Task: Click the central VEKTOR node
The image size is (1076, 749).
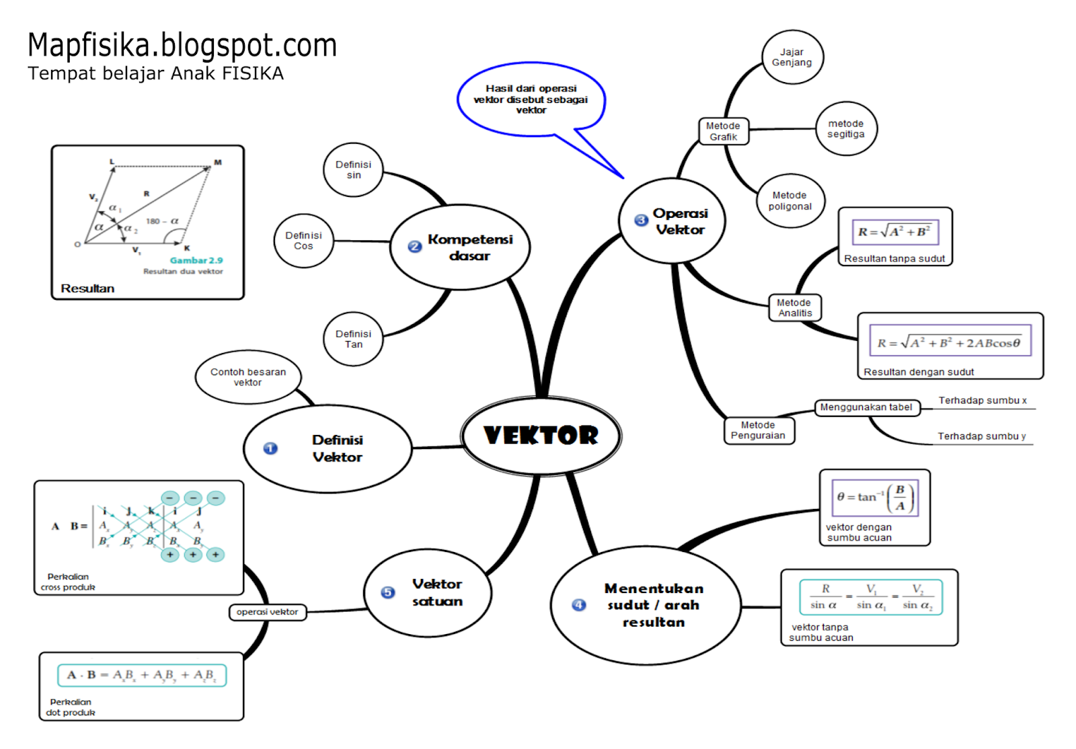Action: click(541, 436)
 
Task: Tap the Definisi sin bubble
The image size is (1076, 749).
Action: click(353, 169)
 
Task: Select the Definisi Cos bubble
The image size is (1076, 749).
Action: click(303, 241)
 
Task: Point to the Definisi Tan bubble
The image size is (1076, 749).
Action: click(353, 339)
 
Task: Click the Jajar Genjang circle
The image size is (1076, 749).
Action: click(792, 57)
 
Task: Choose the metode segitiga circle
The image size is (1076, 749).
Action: click(845, 128)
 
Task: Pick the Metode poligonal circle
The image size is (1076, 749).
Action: click(790, 201)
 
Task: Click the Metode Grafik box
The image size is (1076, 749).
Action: click(723, 131)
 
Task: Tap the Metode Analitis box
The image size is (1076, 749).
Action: click(794, 308)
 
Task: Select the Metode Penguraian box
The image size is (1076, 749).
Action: click(758, 430)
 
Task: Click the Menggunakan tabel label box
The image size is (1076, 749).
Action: click(866, 407)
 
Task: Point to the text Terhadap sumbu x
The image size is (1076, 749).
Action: click(983, 401)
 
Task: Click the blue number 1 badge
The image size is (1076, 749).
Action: click(270, 448)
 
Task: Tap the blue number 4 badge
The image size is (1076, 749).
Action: click(579, 605)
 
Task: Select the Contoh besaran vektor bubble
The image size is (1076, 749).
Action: click(247, 377)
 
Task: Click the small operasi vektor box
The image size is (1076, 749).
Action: click(267, 612)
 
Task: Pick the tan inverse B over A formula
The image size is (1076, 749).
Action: click(874, 498)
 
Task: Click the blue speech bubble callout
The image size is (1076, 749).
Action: click(531, 100)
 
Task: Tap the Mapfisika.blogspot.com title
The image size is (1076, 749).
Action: click(182, 46)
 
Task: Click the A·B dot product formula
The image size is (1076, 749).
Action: click(142, 675)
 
